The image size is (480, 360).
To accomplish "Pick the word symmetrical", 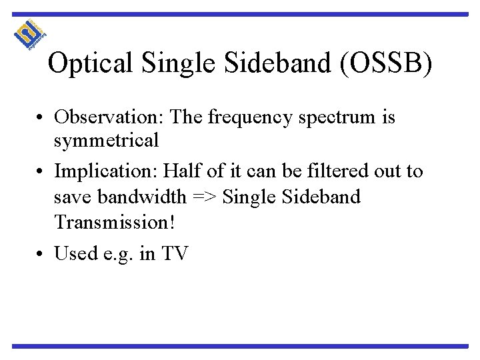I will (107, 141).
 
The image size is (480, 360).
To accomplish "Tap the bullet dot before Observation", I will (42, 119).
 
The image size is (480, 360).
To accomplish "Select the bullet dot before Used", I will (42, 254).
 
